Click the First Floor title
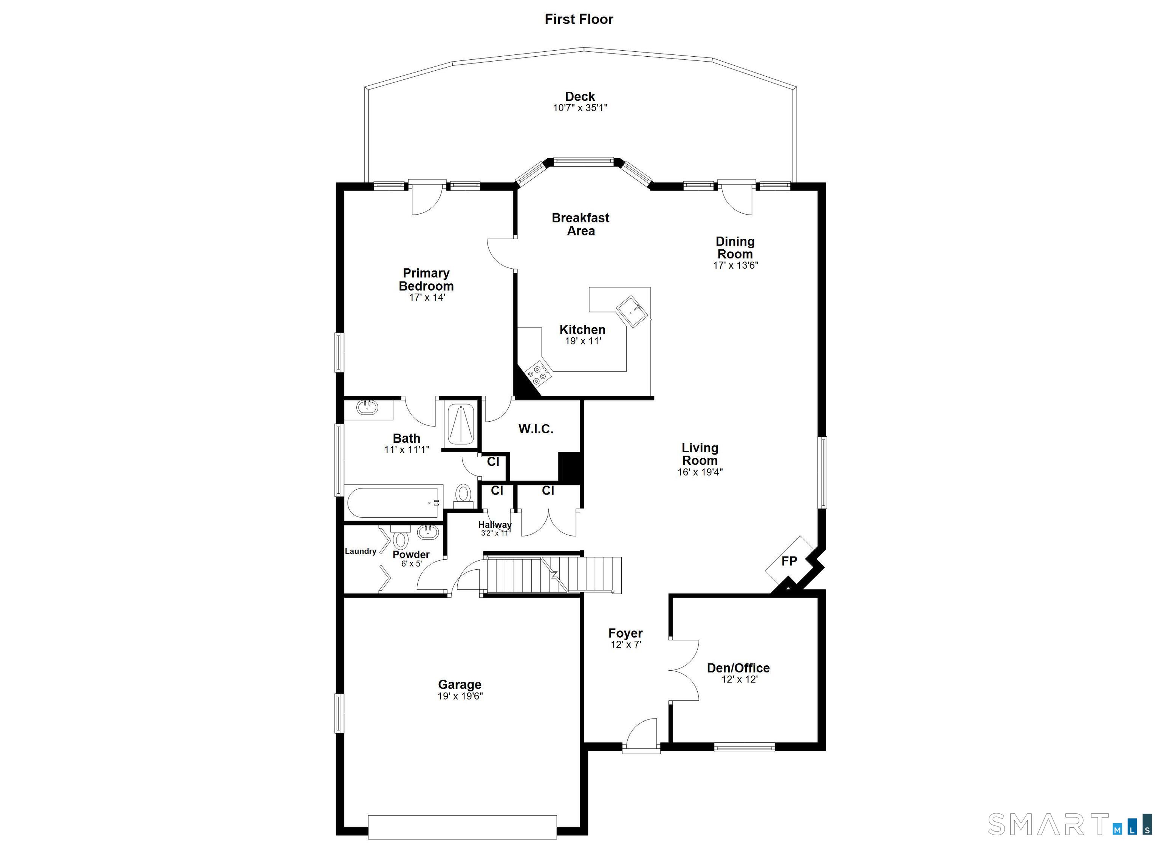click(579, 19)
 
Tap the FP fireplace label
click(789, 561)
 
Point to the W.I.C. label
click(536, 429)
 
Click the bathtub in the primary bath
click(393, 502)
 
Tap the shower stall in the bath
click(461, 424)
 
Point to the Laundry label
click(361, 551)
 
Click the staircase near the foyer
click(553, 575)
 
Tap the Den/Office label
click(738, 668)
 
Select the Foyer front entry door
click(641, 736)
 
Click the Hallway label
click(494, 525)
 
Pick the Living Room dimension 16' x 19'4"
click(700, 472)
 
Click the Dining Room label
click(735, 248)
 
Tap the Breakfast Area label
click(580, 224)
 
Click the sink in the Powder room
click(428, 532)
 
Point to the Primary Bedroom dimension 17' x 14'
click(427, 297)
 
